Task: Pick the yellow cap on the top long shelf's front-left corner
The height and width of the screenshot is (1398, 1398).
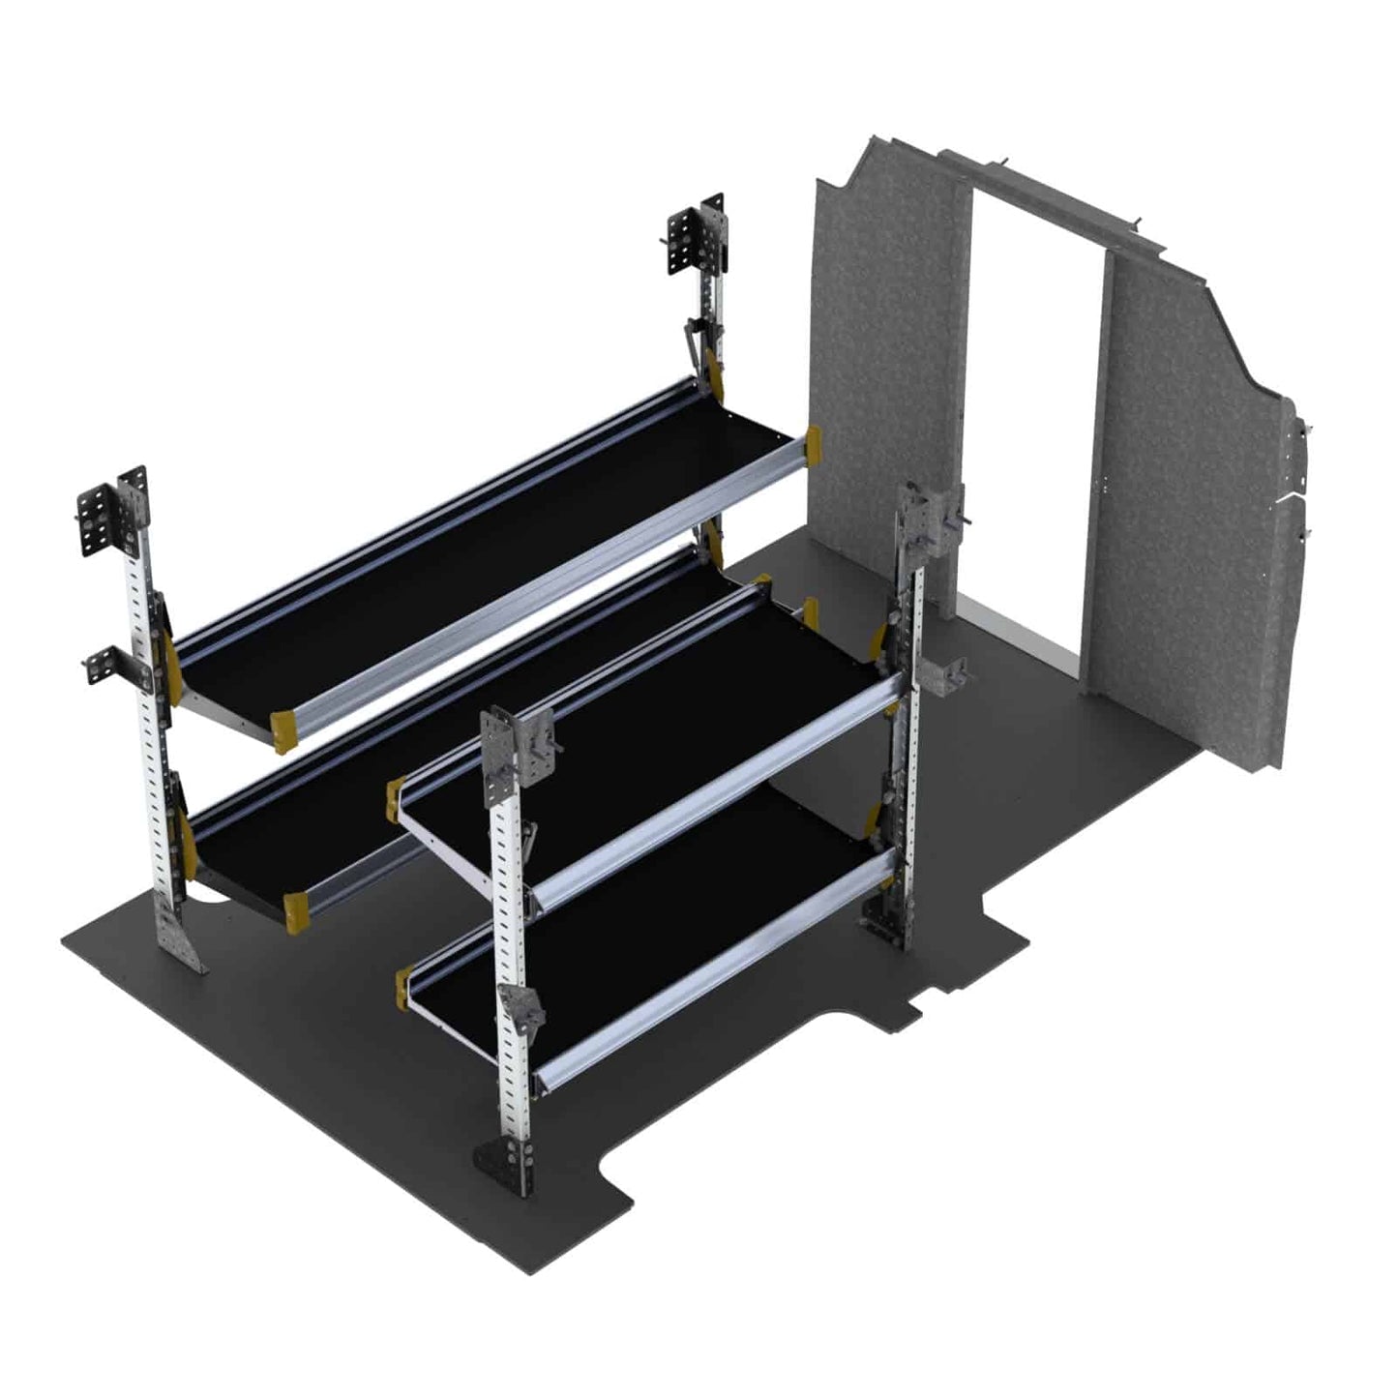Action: click(283, 730)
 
